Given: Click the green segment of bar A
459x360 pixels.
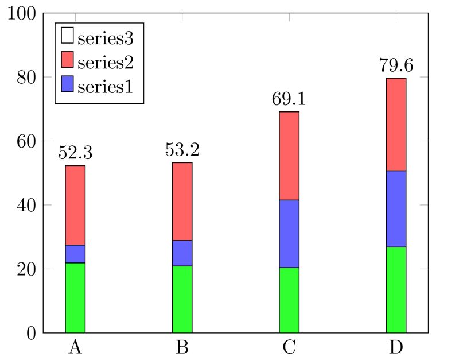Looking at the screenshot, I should point(75,297).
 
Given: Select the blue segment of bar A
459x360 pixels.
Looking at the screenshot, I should point(75,254).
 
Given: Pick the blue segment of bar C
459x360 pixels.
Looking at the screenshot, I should point(289,234).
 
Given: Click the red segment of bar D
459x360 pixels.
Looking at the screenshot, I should point(396,124).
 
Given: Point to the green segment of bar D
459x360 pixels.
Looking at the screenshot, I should point(396,289).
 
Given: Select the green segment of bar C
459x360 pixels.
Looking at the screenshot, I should point(289,300).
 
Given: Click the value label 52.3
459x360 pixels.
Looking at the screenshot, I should point(75,153).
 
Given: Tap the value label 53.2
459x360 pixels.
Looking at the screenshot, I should point(182,150).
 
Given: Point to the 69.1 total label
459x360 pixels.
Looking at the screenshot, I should point(289,99).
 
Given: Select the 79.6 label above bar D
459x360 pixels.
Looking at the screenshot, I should point(396,65).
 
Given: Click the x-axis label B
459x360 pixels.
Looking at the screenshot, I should point(182,347).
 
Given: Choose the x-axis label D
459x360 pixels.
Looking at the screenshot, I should point(396,347).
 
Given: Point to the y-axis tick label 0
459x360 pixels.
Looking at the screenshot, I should point(32,333).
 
